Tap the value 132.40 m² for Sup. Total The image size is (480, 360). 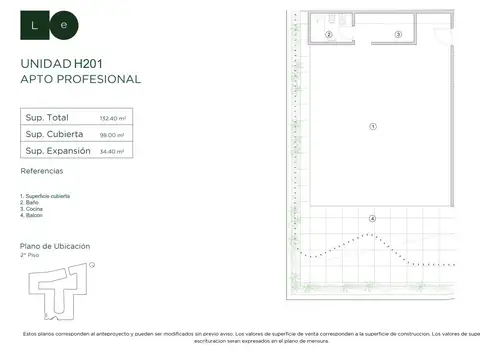[x=111, y=118]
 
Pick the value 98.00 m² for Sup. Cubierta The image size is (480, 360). [x=110, y=135]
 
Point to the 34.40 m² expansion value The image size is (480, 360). [x=110, y=152]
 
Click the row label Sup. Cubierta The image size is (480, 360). [x=55, y=135]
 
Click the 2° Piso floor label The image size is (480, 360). [x=29, y=256]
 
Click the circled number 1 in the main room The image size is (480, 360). [x=372, y=126]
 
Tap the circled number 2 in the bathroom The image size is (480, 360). [x=328, y=34]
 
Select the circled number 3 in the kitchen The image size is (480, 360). [x=397, y=34]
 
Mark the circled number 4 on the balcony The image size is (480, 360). [x=372, y=218]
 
